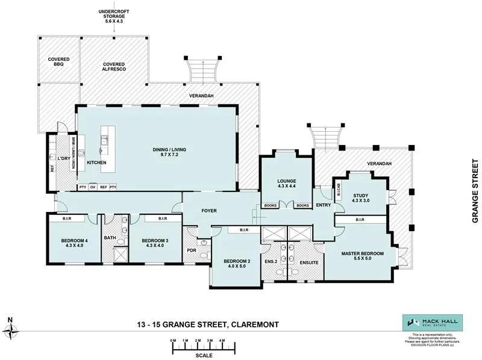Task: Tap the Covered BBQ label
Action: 59,62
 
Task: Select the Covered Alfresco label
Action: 113,67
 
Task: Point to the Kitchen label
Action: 96,163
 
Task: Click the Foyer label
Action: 209,210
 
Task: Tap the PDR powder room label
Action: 192,250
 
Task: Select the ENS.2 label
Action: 270,261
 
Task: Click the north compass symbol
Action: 11,330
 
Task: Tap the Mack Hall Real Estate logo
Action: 425,322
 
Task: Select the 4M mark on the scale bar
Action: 222,341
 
